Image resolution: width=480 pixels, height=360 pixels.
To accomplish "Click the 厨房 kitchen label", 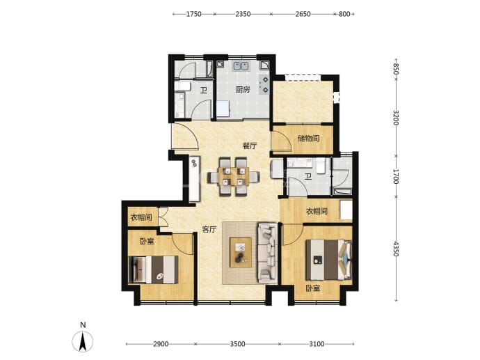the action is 243,90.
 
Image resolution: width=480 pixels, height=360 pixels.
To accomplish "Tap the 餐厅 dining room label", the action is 250,146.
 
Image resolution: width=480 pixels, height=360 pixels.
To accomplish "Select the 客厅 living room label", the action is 209,230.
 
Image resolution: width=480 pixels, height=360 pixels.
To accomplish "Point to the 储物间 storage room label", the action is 309,139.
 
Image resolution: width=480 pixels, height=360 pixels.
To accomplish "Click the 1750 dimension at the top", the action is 194,14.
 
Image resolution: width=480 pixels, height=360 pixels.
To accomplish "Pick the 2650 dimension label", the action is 303,14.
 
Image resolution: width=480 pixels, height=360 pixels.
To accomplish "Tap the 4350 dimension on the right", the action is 396,249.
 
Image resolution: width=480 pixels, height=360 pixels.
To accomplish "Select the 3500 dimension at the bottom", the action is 237,344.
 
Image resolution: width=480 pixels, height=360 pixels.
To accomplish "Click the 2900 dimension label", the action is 161,344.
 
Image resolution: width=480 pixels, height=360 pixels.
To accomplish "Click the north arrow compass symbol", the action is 83,341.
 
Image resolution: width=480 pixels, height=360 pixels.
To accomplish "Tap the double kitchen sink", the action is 241,66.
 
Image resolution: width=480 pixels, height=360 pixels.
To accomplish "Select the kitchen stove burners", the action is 264,84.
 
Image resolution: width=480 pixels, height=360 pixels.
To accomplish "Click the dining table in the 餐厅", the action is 234,176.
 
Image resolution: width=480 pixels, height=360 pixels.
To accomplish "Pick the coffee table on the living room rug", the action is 241,253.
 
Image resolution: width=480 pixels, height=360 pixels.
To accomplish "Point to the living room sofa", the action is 268,253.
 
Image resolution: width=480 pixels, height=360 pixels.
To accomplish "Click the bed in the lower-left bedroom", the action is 153,269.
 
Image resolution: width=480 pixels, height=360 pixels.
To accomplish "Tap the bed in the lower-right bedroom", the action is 329,260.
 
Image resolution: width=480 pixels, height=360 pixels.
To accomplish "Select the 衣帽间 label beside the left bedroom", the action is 141,218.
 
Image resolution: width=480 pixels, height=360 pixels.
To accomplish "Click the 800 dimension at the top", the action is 344,14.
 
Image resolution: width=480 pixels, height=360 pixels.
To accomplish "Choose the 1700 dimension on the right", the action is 396,176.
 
